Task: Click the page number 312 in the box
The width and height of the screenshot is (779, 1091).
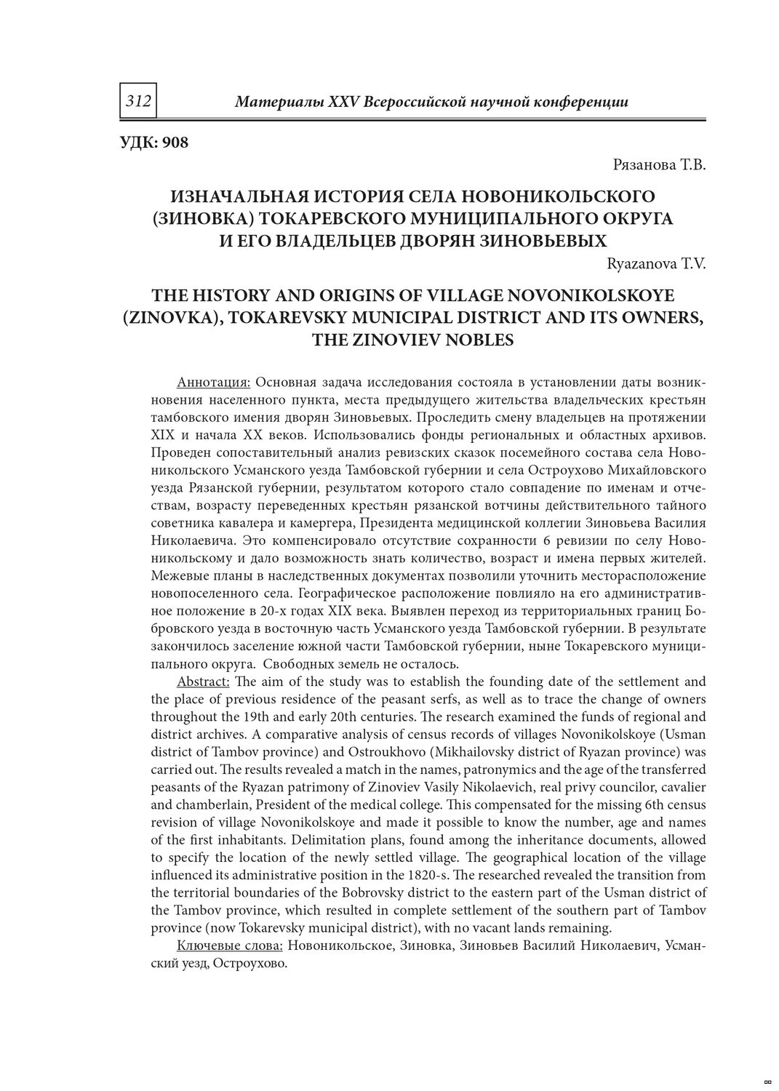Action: click(x=138, y=101)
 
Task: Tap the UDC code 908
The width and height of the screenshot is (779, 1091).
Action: click(x=175, y=143)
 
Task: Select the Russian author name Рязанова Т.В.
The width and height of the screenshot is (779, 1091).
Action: click(x=660, y=165)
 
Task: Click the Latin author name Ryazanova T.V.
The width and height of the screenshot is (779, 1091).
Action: click(x=656, y=264)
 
